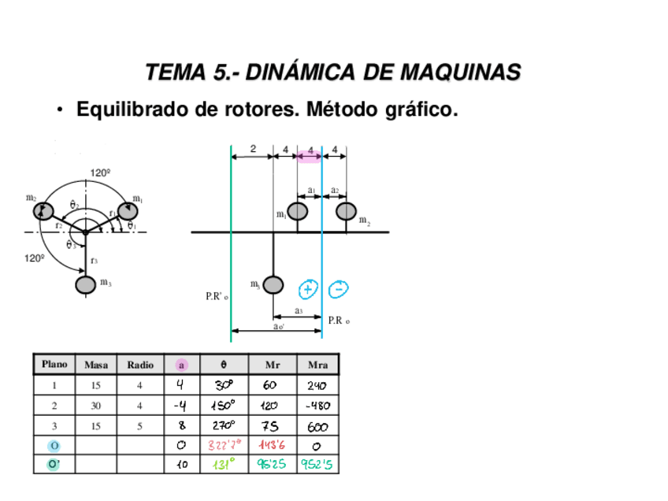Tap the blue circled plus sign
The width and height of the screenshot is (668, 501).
pos(307,289)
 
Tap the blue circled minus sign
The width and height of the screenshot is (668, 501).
pos(338,289)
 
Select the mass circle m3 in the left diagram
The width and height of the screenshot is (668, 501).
pos(85,284)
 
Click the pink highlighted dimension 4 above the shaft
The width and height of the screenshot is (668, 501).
pos(310,150)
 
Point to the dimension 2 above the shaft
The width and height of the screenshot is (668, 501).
pos(253,149)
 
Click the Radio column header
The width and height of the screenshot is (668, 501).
pos(140,365)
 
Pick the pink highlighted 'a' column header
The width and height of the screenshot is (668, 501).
pos(181,365)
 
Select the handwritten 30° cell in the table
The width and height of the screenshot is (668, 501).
pos(224,385)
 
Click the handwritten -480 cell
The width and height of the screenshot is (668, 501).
pos(318,406)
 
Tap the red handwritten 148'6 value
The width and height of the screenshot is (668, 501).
pos(272,445)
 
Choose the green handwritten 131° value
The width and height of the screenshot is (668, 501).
pos(224,465)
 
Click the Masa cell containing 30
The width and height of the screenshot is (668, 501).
pos(96,406)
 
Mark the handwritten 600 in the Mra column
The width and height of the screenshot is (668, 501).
pos(318,425)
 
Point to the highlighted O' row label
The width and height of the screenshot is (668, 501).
pos(54,465)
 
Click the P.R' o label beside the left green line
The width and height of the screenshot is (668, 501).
pos(217,297)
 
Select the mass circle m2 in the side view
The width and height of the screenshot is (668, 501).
pos(346,212)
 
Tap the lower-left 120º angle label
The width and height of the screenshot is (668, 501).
pos(34,257)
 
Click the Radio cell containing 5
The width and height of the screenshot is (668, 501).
pos(140,425)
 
